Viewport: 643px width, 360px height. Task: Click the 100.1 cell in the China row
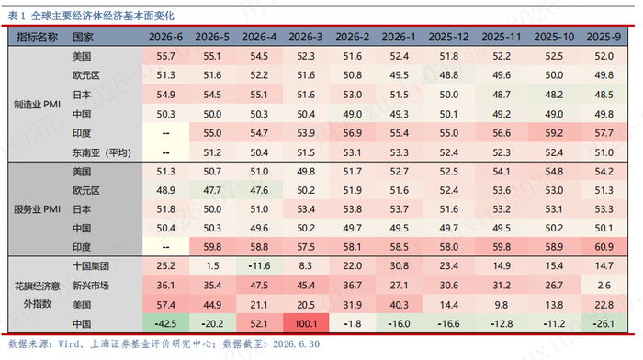(306, 324)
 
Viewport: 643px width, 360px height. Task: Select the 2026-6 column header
(165, 38)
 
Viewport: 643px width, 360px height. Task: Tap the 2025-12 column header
(448, 38)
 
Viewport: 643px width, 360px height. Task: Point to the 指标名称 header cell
(37, 38)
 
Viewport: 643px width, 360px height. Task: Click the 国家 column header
(83, 38)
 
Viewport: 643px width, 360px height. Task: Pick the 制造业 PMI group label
(37, 105)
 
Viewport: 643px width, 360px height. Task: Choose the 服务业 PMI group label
(37, 209)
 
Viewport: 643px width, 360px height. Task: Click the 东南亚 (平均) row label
(102, 153)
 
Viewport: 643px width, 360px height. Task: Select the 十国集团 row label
(91, 266)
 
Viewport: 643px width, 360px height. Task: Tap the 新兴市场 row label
(91, 286)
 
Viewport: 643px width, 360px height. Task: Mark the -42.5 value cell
(165, 324)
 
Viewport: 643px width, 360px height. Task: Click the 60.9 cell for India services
(604, 247)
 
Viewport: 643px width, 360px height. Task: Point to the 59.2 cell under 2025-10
(554, 133)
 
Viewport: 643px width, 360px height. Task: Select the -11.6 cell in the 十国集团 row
(259, 266)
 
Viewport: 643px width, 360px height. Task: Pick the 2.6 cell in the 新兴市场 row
(604, 286)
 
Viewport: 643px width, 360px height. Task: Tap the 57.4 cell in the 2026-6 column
(165, 305)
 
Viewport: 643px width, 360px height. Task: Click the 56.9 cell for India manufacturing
(352, 133)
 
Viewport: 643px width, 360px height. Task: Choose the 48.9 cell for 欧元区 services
(165, 191)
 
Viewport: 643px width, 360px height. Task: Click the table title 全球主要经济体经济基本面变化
(103, 16)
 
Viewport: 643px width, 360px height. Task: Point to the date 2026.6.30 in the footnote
(296, 344)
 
